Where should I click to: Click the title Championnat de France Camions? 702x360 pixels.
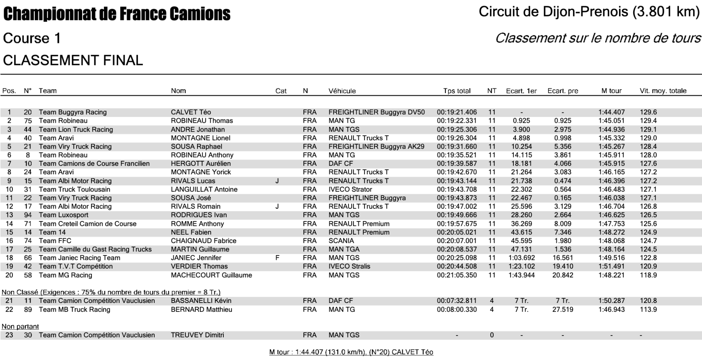[117, 14]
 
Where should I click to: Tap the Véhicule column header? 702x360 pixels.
[342, 91]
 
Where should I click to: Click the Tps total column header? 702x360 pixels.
[457, 91]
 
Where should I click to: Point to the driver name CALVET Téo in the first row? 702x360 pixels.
[191, 112]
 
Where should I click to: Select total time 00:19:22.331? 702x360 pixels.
[457, 121]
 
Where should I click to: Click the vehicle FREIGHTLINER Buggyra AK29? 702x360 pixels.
[376, 147]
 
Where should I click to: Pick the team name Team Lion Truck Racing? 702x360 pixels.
[76, 129]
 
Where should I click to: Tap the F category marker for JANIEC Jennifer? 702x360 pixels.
[277, 258]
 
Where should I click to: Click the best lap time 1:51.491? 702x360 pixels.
[611, 266]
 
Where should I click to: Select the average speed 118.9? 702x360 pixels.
[648, 275]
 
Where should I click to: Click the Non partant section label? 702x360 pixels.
[20, 326]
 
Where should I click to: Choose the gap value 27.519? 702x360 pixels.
[563, 310]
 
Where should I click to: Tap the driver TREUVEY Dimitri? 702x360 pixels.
[197, 335]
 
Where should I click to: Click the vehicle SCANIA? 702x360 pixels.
[341, 241]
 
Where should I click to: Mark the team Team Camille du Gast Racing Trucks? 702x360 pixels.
[95, 249]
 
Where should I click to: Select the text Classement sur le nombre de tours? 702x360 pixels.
[598, 38]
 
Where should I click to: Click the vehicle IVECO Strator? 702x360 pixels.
[350, 189]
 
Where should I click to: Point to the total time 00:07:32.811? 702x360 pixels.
[457, 301]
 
